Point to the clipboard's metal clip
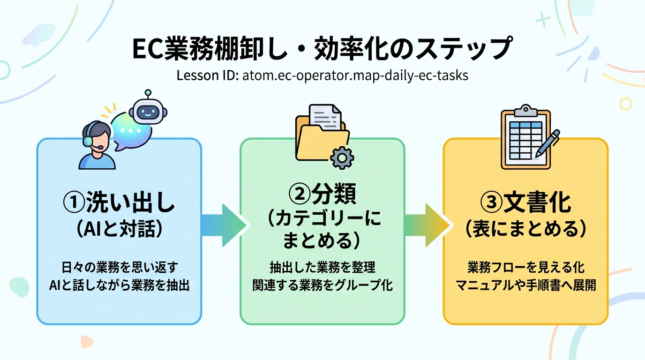click(525, 111)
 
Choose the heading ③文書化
click(525, 203)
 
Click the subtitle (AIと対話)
click(119, 229)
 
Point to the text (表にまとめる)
click(525, 229)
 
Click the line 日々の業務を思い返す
click(119, 268)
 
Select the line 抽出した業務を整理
click(322, 268)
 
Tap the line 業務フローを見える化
click(525, 268)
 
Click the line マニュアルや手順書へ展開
click(525, 285)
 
